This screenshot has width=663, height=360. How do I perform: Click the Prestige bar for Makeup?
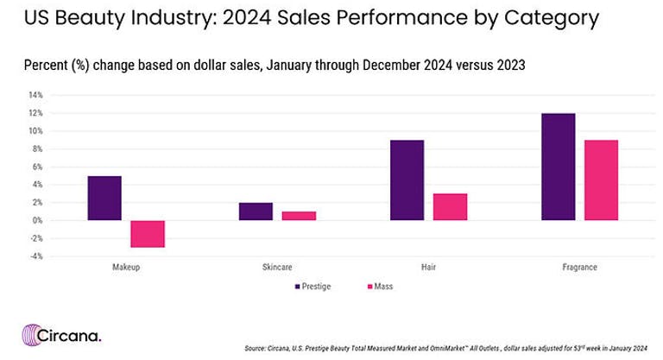tap(104, 198)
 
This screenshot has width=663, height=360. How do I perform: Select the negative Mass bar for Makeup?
tap(148, 234)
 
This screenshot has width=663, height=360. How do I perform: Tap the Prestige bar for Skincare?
tap(256, 212)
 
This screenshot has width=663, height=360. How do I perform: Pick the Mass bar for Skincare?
tap(300, 216)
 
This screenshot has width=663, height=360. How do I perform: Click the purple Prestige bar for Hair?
tap(407, 180)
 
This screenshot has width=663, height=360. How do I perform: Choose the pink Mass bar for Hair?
tap(451, 207)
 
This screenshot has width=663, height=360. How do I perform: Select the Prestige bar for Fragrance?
tap(558, 167)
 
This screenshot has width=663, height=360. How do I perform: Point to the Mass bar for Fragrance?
tap(602, 180)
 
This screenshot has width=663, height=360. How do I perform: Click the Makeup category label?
tap(126, 268)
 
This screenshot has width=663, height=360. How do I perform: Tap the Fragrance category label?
tap(579, 268)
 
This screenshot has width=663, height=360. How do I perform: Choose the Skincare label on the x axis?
tap(277, 268)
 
